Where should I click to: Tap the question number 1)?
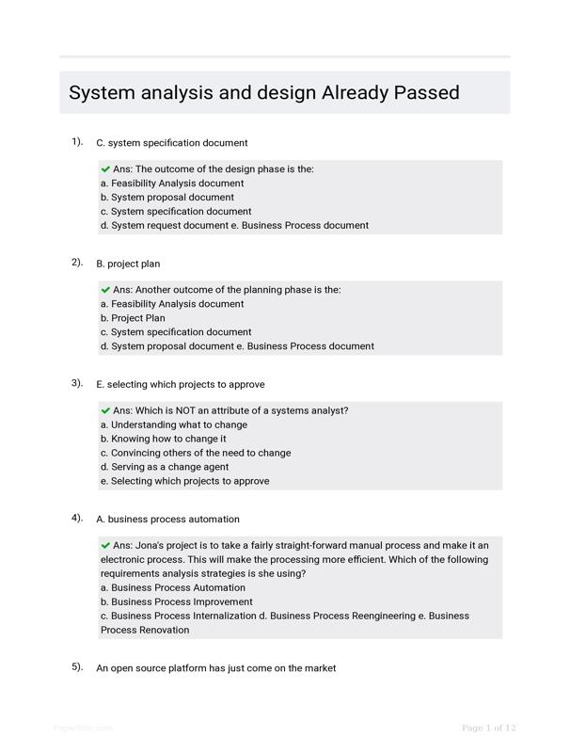(77, 141)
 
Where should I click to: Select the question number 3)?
(77, 383)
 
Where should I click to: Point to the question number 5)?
(77, 666)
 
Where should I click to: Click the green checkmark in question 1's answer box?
(105, 169)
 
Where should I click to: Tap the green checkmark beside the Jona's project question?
(105, 545)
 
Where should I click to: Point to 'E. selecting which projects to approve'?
(181, 384)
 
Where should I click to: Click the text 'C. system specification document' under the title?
(172, 143)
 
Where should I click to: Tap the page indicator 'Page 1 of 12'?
(489, 728)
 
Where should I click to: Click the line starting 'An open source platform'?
(216, 667)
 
